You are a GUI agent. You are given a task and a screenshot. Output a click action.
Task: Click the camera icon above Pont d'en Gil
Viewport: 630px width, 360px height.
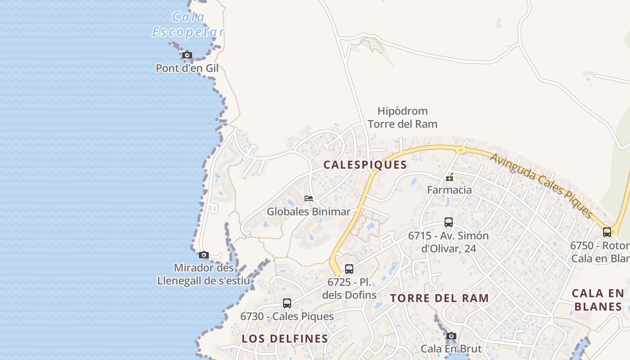187,55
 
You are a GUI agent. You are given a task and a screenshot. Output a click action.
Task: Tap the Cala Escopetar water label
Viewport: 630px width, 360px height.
188,25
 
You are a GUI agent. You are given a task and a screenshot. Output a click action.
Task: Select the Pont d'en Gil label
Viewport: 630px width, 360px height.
187,68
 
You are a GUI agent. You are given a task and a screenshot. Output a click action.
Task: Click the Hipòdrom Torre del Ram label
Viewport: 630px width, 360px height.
402,117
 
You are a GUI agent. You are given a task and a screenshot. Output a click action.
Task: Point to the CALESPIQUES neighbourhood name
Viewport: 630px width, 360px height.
365,165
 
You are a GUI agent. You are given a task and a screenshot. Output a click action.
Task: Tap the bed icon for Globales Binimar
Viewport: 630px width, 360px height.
308,198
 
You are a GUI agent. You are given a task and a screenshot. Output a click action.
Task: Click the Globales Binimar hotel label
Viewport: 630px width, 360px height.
308,211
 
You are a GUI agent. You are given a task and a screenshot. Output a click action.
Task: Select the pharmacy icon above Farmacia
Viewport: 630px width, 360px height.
449,177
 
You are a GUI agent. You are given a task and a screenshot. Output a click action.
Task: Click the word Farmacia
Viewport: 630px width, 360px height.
449,190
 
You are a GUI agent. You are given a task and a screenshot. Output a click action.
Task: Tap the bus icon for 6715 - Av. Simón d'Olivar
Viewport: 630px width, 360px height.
448,222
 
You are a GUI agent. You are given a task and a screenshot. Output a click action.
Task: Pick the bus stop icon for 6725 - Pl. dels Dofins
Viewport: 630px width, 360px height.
349,270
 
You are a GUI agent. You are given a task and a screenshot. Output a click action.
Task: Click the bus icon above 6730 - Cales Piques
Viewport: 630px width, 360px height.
287,303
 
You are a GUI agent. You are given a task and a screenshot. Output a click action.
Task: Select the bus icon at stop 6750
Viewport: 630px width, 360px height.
607,232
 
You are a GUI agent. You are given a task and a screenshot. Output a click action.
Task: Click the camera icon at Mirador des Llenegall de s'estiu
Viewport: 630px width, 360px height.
204,255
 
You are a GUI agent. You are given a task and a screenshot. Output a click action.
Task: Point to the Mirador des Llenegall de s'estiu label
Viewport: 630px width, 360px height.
203,274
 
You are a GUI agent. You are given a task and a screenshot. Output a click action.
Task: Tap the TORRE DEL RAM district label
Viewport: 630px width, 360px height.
439,298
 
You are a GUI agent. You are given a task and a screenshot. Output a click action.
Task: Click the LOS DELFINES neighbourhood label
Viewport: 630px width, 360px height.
285,338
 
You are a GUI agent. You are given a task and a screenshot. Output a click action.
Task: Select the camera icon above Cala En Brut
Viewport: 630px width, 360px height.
451,336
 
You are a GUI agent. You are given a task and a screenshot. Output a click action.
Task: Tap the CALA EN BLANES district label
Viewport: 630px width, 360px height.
598,300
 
